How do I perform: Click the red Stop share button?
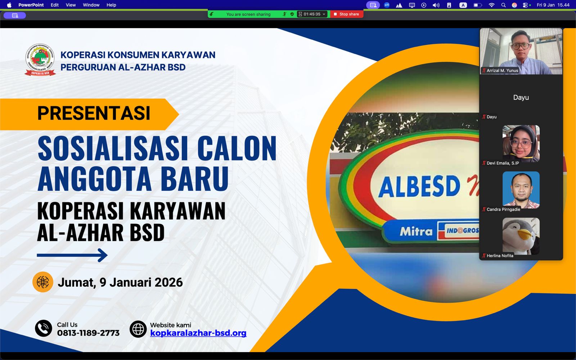(x=346, y=14)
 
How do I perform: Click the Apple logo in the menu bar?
(x=9, y=5)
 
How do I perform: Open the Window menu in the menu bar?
(x=91, y=5)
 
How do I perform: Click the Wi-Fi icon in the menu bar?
(x=491, y=5)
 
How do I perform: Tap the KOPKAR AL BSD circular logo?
(x=40, y=60)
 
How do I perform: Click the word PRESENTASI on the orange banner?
(x=94, y=113)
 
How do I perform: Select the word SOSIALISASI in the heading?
(x=113, y=149)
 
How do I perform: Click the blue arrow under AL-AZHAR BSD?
(x=72, y=255)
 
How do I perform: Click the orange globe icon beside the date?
(x=43, y=282)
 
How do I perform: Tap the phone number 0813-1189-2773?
(x=88, y=333)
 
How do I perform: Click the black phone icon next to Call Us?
(x=44, y=328)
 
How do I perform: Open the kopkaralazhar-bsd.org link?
(x=198, y=333)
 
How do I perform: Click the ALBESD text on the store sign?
(x=419, y=186)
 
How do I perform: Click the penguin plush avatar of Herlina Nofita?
(x=521, y=236)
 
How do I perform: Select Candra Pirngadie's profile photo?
(x=521, y=190)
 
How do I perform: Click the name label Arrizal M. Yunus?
(x=502, y=71)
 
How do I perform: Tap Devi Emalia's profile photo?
(x=521, y=143)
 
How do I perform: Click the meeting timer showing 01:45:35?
(x=312, y=14)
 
